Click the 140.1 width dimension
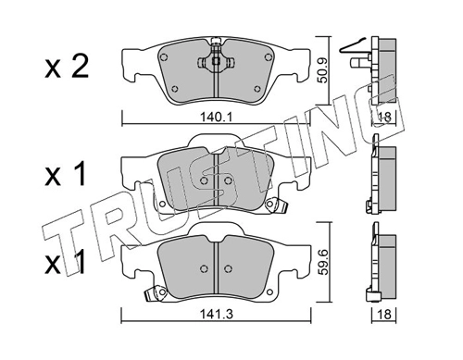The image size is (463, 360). click(x=216, y=118)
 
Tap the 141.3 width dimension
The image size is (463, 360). click(x=217, y=315)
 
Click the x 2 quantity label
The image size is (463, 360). click(x=67, y=66)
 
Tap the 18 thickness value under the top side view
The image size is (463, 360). click(x=384, y=118)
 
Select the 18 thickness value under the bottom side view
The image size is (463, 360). click(x=384, y=315)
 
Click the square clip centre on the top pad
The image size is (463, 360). click(x=216, y=61)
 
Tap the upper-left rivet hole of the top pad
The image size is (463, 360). click(x=164, y=57)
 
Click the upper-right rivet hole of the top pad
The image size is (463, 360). click(x=268, y=57)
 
